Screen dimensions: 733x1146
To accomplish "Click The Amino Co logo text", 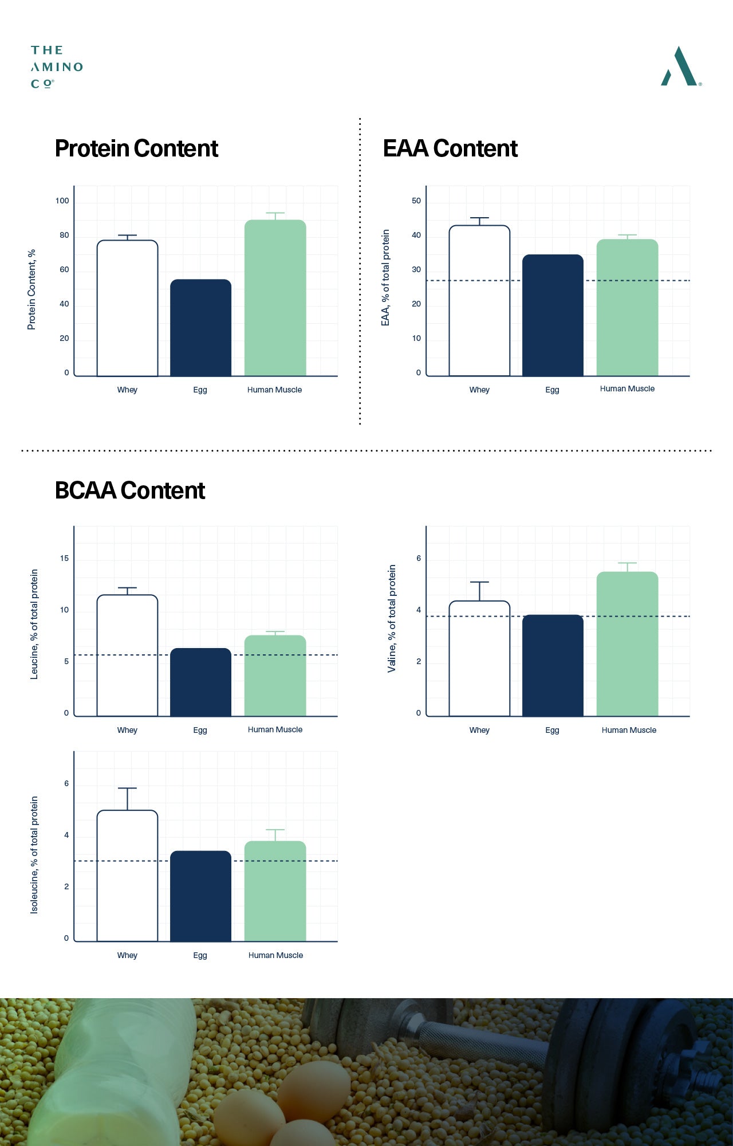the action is [x=57, y=67].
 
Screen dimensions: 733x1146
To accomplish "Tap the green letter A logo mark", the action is [x=680, y=66].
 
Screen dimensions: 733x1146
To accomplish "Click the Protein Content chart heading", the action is [x=136, y=148].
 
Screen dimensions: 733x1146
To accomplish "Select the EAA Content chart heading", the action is [x=450, y=148].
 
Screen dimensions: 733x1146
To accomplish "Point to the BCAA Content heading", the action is [x=130, y=490].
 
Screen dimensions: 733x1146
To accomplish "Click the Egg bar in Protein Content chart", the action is [x=200, y=328].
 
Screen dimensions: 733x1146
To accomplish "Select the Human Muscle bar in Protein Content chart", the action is [x=275, y=298].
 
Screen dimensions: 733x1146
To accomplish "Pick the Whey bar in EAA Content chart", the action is [x=479, y=301].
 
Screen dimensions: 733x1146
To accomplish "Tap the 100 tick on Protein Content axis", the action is [x=62, y=201].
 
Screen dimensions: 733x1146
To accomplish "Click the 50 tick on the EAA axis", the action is [x=416, y=201].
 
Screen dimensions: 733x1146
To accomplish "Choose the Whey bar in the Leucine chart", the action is [x=127, y=656].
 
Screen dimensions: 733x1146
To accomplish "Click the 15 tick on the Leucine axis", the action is [x=64, y=558].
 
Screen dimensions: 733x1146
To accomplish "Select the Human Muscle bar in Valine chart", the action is [x=628, y=644].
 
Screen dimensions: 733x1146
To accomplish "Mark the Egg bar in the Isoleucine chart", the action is [x=200, y=896].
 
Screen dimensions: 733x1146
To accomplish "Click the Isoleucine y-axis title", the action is [x=34, y=855].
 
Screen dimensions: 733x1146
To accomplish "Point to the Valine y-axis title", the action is [x=392, y=618].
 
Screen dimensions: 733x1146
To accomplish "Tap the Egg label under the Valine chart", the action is [x=552, y=730].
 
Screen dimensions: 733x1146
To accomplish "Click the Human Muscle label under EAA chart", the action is [x=627, y=388].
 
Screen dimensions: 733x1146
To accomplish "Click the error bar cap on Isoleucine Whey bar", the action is [x=127, y=788].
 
